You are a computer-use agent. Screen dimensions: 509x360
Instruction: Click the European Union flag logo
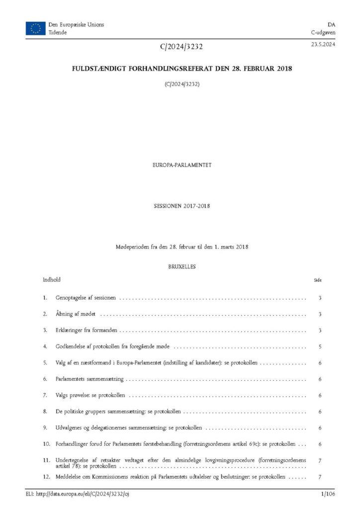click(35, 28)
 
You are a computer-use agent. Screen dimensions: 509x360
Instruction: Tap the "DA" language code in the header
click(331, 24)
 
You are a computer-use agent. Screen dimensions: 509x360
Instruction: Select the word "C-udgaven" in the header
click(323, 32)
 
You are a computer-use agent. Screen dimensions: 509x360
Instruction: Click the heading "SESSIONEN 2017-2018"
click(182, 206)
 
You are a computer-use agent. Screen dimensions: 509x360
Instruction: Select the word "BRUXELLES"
click(182, 266)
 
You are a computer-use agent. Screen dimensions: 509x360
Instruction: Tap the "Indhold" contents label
click(52, 280)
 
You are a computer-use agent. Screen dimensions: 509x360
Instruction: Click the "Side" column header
click(318, 280)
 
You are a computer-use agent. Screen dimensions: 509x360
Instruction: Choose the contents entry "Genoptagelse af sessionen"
click(86, 298)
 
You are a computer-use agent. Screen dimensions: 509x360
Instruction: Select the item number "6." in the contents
click(45, 379)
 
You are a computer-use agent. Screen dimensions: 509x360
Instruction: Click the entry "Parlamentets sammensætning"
click(90, 379)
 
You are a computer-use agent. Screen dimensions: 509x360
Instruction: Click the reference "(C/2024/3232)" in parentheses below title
click(182, 84)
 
